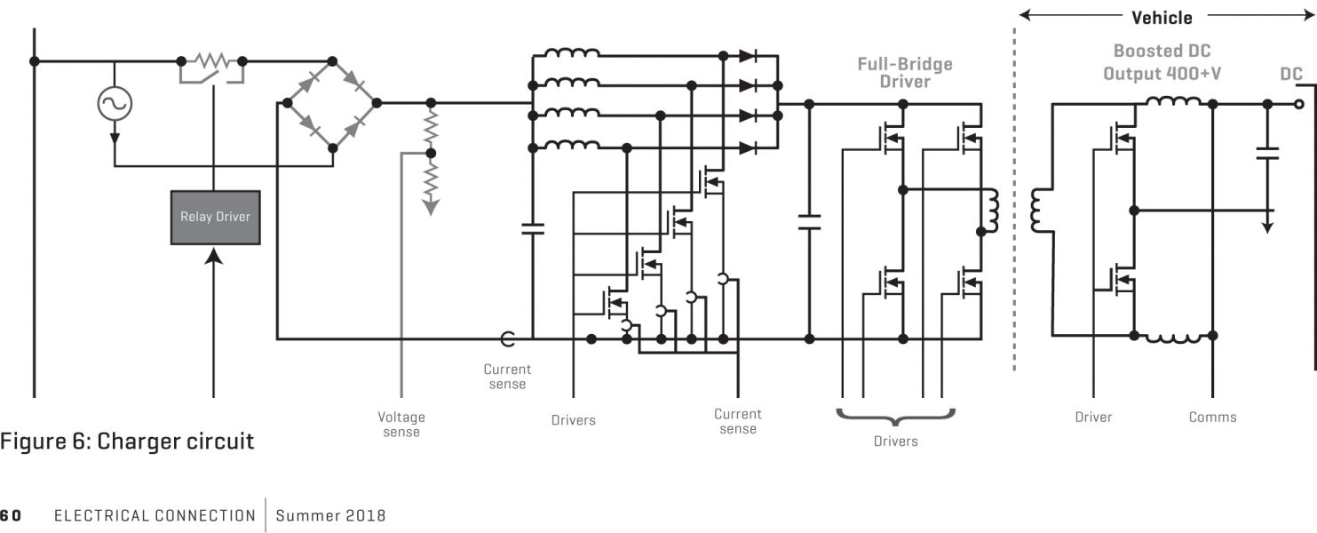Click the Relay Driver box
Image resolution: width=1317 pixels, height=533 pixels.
coord(215,217)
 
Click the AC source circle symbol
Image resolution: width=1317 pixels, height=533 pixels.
coord(115,105)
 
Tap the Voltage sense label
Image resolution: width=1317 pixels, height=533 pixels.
coord(401,424)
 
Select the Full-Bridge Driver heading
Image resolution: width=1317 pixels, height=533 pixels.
coord(904,73)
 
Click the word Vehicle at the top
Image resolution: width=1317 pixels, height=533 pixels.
coord(1162,17)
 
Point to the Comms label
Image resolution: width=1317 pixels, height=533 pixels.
coord(1212,417)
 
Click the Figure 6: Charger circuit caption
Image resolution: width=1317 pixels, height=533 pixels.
coord(127,441)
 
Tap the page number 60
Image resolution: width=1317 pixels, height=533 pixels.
coord(11,515)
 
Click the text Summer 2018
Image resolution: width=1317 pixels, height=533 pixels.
coord(330,515)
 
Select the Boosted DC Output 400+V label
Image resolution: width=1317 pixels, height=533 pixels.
coord(1162,62)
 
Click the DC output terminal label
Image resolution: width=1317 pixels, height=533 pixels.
coord(1290,75)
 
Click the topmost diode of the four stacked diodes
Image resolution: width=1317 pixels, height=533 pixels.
coord(748,56)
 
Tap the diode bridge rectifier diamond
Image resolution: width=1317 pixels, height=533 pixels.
coord(327,103)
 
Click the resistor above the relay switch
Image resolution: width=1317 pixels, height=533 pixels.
coord(212,60)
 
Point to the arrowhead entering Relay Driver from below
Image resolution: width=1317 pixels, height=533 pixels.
coord(214,255)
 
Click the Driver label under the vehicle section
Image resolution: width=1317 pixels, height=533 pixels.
coord(1093,417)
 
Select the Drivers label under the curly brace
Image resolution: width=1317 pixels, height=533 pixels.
coord(895,441)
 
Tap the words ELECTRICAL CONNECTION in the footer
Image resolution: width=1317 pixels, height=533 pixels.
coord(155,515)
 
